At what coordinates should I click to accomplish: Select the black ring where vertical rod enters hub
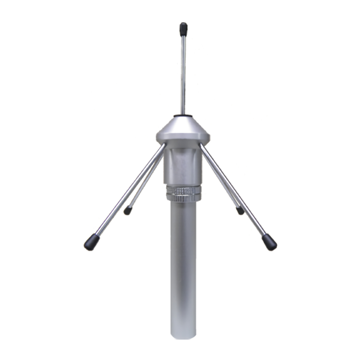183,115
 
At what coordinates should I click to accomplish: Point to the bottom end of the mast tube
183,336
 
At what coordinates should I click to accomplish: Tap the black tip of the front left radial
91,242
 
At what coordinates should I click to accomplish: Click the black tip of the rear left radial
128,211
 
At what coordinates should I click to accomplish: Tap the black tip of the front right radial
270,242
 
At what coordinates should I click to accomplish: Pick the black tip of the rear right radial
240,211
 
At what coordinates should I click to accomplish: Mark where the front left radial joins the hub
163,145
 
